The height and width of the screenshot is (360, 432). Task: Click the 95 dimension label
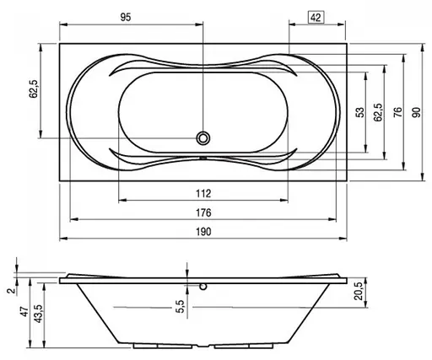126,17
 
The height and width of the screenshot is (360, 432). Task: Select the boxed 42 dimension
316,18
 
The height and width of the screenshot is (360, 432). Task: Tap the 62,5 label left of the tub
34,89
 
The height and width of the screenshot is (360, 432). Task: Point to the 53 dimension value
360,112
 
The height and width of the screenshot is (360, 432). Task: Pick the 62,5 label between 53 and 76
378,112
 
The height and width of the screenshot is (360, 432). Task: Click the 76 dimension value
398,112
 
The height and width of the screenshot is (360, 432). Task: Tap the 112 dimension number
203,194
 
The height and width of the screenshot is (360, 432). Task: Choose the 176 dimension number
203,212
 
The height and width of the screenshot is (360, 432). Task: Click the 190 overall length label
203,232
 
